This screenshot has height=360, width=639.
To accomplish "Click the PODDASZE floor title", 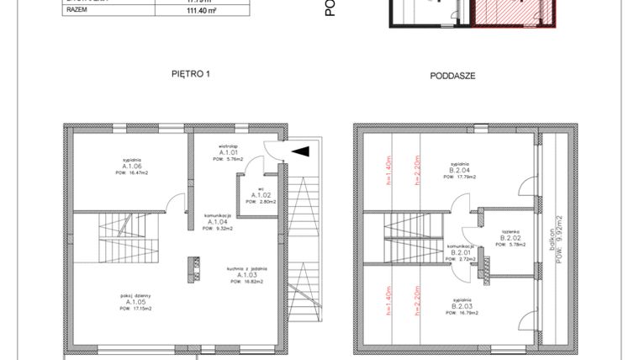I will (452, 75).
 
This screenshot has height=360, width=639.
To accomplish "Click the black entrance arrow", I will (299, 151).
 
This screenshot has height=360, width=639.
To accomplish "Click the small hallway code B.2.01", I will (460, 252).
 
